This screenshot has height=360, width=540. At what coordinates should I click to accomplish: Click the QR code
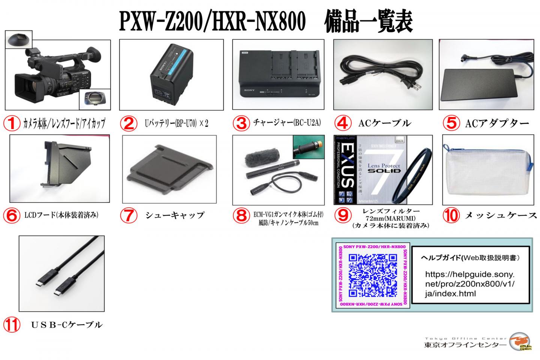click(373, 275)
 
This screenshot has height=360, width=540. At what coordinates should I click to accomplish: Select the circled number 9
click(342, 215)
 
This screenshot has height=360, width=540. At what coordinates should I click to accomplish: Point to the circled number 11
click(12, 324)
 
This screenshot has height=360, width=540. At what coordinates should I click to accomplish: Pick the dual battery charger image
click(278, 75)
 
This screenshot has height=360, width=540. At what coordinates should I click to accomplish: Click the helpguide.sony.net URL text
click(469, 284)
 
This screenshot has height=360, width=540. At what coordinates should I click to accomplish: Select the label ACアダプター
click(496, 123)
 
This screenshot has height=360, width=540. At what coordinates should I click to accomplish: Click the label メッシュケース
click(501, 215)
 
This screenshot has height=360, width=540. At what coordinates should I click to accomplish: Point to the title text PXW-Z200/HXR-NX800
click(210, 22)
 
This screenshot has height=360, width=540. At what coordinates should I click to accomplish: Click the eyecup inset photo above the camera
click(19, 39)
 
